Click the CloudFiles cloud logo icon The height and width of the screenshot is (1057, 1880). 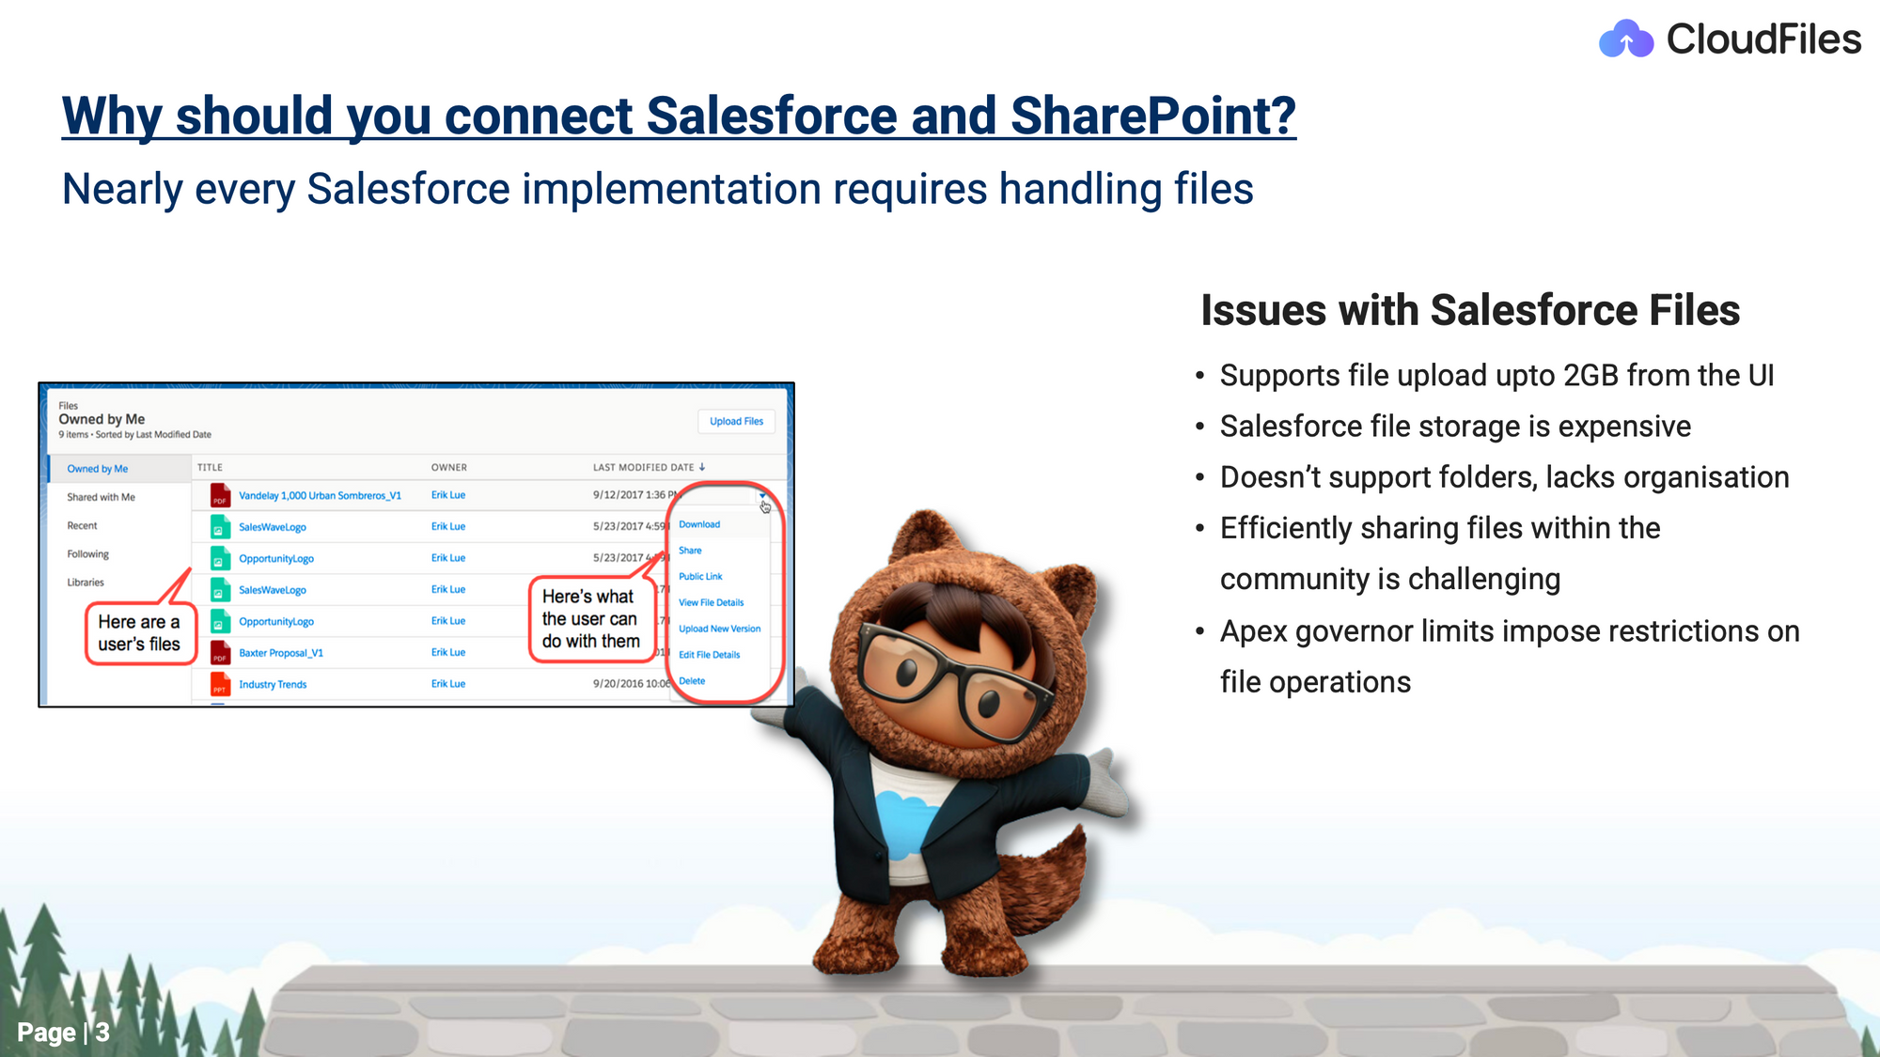click(1625, 39)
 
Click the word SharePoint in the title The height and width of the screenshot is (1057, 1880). click(1153, 116)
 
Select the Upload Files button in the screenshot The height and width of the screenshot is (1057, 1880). click(736, 421)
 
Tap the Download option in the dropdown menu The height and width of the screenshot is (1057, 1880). click(699, 524)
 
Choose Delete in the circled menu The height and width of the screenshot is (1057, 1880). click(692, 681)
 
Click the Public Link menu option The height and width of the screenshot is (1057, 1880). click(700, 577)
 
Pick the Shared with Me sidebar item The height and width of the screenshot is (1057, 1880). click(101, 497)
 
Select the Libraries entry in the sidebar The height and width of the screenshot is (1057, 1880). click(86, 583)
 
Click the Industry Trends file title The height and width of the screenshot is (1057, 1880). click(273, 684)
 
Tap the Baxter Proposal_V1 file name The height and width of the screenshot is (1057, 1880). click(281, 653)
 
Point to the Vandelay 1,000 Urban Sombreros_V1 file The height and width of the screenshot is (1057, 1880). click(320, 495)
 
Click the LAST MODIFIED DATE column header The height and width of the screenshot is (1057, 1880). click(644, 467)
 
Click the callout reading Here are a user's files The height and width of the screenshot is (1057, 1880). click(139, 633)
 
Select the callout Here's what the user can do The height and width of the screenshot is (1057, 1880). click(591, 619)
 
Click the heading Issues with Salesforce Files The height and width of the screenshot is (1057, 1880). click(1470, 310)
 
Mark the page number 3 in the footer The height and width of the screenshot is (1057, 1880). click(102, 1033)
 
